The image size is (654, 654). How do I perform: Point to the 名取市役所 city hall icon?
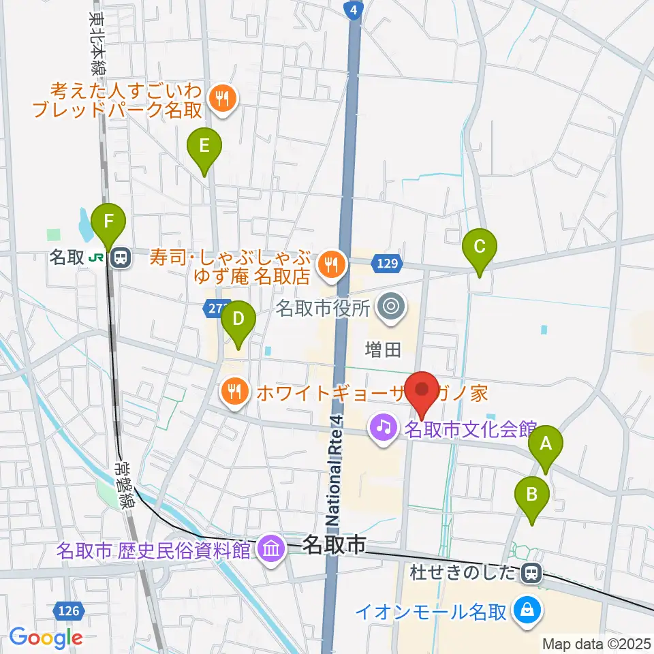coord(390,307)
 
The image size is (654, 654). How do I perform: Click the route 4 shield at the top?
coord(352,9)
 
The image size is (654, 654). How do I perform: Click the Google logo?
coord(46,638)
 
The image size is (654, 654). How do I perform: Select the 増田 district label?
coord(384,350)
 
